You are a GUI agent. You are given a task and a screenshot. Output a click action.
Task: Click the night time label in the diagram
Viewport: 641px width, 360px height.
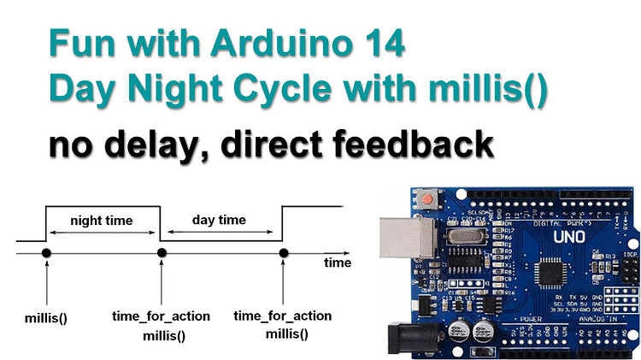pyautogui.click(x=102, y=221)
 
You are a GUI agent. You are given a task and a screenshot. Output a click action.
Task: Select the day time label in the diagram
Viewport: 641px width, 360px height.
pyautogui.click(x=220, y=221)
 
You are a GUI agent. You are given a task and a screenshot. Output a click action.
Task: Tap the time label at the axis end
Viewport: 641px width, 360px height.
pyautogui.click(x=337, y=263)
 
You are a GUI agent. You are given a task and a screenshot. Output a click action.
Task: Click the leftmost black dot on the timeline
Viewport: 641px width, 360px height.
pyautogui.click(x=46, y=252)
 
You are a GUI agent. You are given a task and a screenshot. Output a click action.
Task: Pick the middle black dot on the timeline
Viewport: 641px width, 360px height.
pyautogui.click(x=161, y=252)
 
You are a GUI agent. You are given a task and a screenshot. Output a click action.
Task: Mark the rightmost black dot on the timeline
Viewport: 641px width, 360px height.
pyautogui.click(x=284, y=252)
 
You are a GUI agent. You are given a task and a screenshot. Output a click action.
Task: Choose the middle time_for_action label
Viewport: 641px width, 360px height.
pyautogui.click(x=161, y=316)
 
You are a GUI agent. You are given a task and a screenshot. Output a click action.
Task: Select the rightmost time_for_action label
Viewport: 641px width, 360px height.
pyautogui.click(x=283, y=316)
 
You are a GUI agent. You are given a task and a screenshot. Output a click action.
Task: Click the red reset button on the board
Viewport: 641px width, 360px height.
pyautogui.click(x=425, y=198)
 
